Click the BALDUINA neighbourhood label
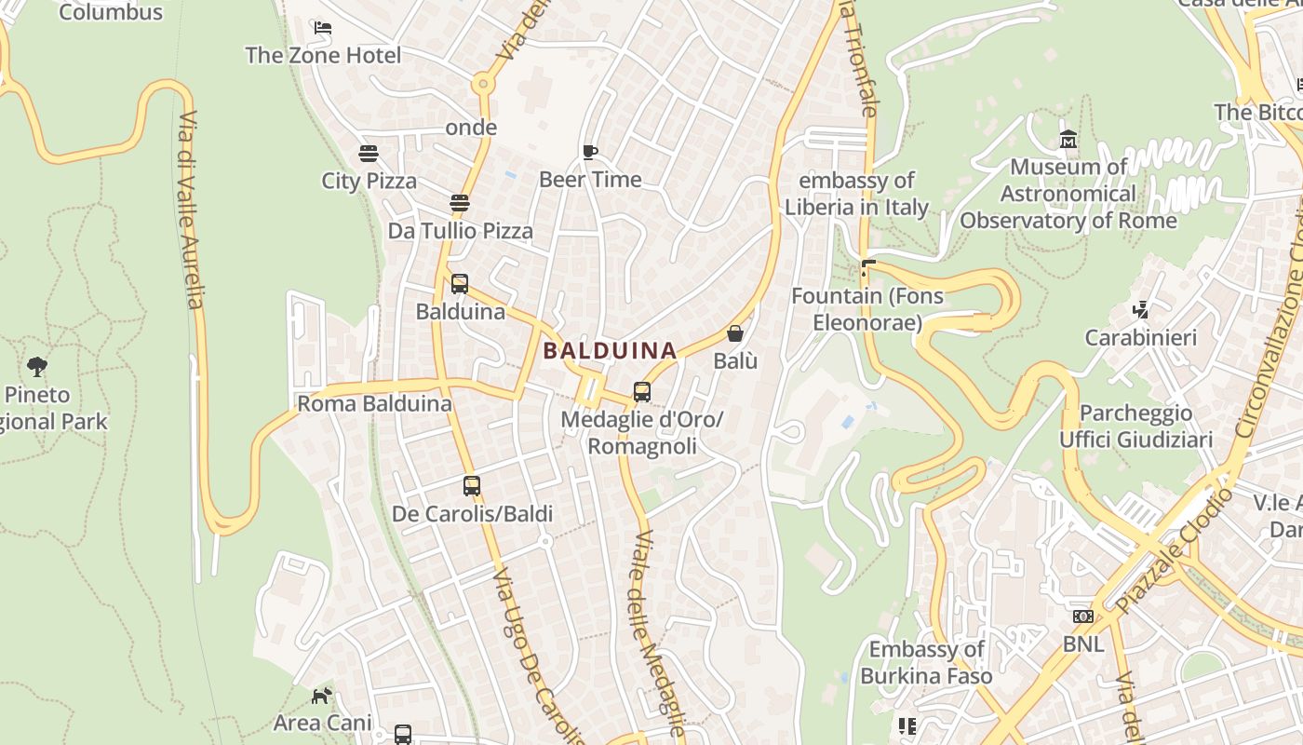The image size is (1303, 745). [610, 351]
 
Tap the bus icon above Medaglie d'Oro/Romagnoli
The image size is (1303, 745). [642, 391]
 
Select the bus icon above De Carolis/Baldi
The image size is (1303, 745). [472, 485]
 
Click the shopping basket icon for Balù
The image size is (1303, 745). [735, 332]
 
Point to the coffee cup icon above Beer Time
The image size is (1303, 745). [589, 152]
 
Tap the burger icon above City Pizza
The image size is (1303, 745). [369, 153]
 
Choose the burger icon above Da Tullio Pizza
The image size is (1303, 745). [459, 202]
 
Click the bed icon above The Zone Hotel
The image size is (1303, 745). [323, 28]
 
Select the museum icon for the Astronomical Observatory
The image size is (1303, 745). [1068, 140]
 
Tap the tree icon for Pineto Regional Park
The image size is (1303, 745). [37, 366]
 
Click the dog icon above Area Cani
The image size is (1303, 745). [321, 695]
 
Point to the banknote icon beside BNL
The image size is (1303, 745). [1082, 616]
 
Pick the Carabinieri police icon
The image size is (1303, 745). [1140, 309]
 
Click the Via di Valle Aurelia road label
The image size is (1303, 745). [191, 210]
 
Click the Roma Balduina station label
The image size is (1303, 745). [361, 404]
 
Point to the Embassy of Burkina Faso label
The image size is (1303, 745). [926, 662]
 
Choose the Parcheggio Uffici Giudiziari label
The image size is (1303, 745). [1135, 427]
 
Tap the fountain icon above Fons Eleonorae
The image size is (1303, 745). [868, 268]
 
